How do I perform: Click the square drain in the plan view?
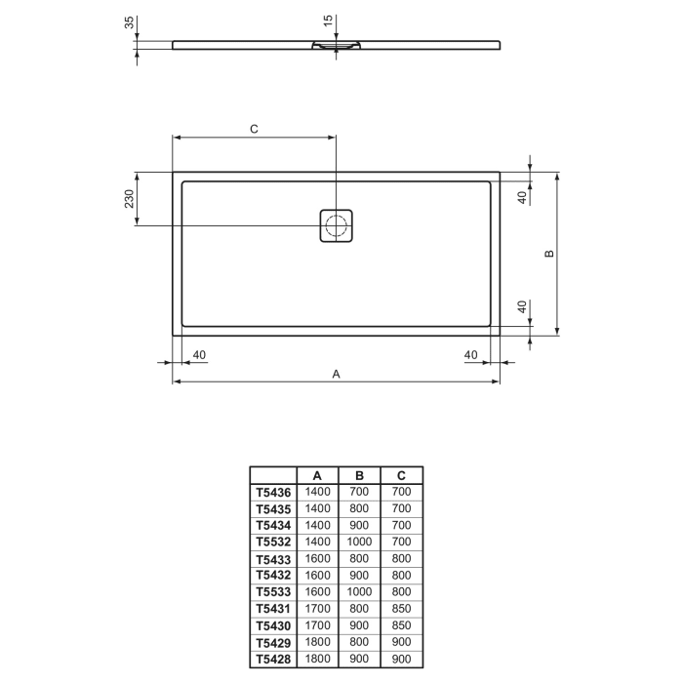[x=337, y=226]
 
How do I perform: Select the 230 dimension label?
[x=128, y=200]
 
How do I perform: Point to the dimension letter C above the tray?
[x=253, y=129]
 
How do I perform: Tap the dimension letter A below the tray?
[x=337, y=373]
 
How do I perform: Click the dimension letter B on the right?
[x=548, y=254]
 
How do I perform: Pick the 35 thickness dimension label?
[x=128, y=22]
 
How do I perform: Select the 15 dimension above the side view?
[x=328, y=19]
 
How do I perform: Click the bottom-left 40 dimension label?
[x=199, y=354]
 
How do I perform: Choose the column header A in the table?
[x=318, y=475]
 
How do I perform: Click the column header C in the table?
[x=401, y=475]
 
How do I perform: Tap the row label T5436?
[x=273, y=493]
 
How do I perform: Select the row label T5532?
[x=273, y=542]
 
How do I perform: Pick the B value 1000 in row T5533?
[x=359, y=591]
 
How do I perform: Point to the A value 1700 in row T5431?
[x=318, y=608]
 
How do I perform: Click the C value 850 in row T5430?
[x=401, y=624]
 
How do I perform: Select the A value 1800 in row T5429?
[x=318, y=641]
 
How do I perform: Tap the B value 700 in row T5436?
[x=359, y=493]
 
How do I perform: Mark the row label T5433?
[x=273, y=558]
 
